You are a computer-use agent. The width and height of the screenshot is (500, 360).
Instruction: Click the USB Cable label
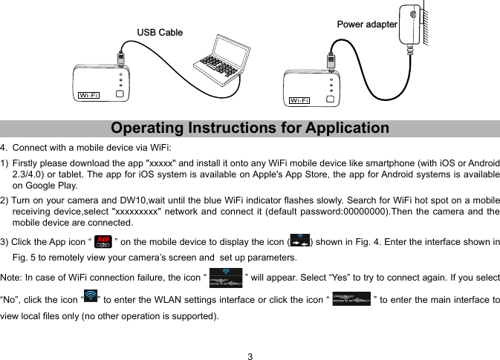tap(160, 33)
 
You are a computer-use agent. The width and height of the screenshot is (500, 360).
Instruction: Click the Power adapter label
tap(367, 24)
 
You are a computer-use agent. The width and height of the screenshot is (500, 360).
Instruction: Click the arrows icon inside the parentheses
tap(299, 242)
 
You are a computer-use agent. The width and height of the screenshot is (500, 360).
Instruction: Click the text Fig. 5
tap(25, 258)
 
